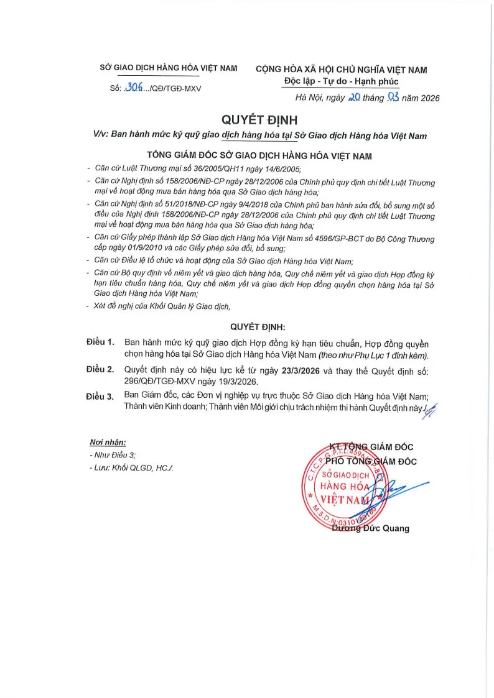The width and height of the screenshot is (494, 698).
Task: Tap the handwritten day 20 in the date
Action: [353, 98]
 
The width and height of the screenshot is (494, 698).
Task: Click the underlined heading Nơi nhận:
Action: [108, 443]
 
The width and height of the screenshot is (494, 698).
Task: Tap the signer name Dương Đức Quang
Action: [371, 528]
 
